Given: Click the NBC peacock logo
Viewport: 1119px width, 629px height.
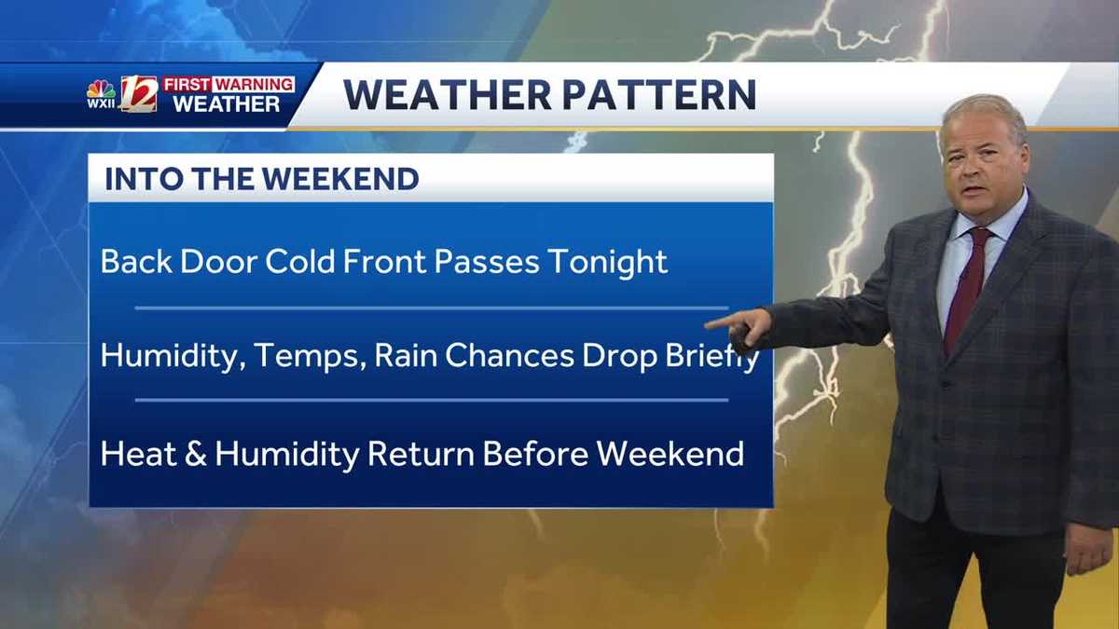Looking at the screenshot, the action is pyautogui.click(x=101, y=89).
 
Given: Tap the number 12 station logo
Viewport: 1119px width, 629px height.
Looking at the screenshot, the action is pyautogui.click(x=139, y=93).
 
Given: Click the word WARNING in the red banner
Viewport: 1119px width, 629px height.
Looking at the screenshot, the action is pyautogui.click(x=256, y=85).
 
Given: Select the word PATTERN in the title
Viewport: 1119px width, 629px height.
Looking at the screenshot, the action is pyautogui.click(x=659, y=94).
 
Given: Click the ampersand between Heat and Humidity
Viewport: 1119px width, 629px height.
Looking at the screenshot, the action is pyautogui.click(x=196, y=454).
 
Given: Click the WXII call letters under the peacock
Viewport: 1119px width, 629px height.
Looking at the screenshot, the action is pyautogui.click(x=101, y=103).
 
